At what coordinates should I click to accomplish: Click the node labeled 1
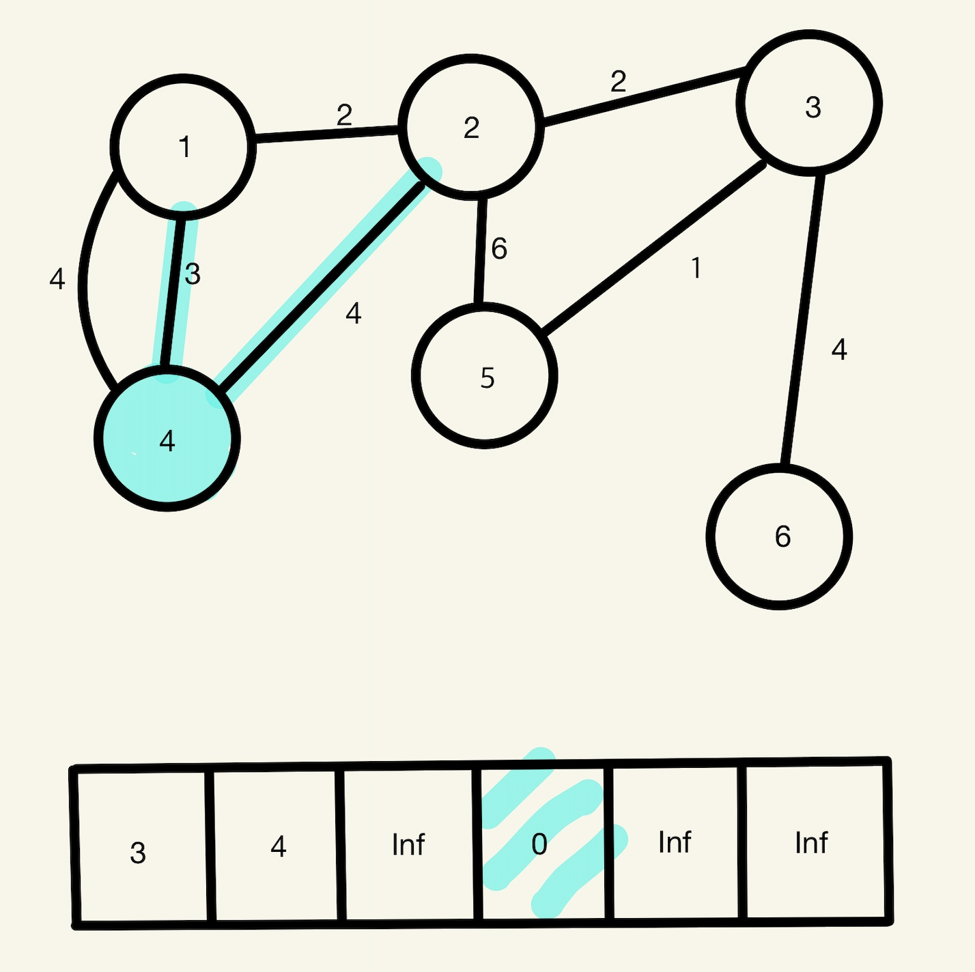pyautogui.click(x=183, y=147)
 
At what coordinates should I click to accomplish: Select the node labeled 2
pyautogui.click(x=471, y=128)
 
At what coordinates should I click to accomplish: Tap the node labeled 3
pyautogui.click(x=809, y=103)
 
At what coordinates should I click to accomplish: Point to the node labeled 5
pyautogui.click(x=485, y=376)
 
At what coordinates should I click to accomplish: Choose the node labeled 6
pyautogui.click(x=779, y=537)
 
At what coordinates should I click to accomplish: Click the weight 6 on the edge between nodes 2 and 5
pyautogui.click(x=499, y=249)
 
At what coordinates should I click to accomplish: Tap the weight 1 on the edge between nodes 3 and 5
pyautogui.click(x=696, y=268)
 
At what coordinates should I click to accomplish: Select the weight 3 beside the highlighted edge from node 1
pyautogui.click(x=193, y=274)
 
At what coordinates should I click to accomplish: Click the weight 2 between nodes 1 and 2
pyautogui.click(x=344, y=115)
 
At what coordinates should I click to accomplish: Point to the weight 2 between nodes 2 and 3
pyautogui.click(x=618, y=82)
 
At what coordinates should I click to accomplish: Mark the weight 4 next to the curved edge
pyautogui.click(x=57, y=279)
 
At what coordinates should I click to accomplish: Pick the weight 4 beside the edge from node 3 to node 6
pyautogui.click(x=839, y=349)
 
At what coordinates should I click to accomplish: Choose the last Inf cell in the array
pyautogui.click(x=812, y=842)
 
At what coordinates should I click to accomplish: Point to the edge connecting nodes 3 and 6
pyautogui.click(x=803, y=321)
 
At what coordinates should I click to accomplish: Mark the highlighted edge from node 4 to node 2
pyautogui.click(x=321, y=287)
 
